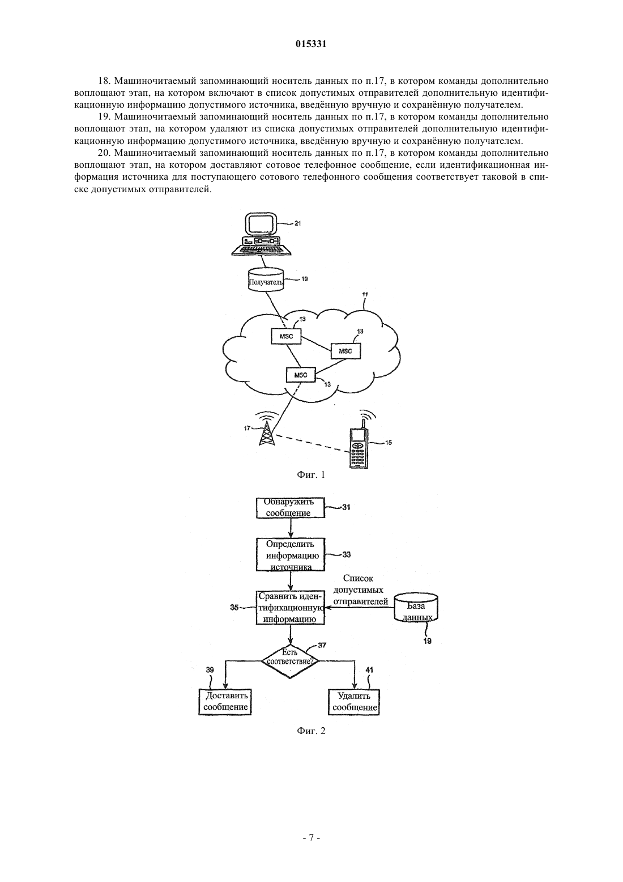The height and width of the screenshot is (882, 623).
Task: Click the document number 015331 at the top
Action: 311,44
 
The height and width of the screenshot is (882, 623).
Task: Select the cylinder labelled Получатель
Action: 266,280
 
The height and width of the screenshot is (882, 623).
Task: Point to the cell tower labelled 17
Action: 266,432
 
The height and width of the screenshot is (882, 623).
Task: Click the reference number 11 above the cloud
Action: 365,294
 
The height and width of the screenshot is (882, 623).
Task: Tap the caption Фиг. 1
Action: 311,474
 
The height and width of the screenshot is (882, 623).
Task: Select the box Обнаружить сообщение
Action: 291,507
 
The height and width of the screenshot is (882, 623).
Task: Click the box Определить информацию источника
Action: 291,554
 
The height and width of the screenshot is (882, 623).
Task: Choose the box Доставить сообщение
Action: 225,702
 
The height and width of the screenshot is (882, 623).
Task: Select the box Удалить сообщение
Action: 354,702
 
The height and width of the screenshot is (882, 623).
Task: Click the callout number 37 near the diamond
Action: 322,645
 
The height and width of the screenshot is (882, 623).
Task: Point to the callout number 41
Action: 369,669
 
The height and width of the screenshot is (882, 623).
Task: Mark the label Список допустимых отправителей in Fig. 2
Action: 361,590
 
